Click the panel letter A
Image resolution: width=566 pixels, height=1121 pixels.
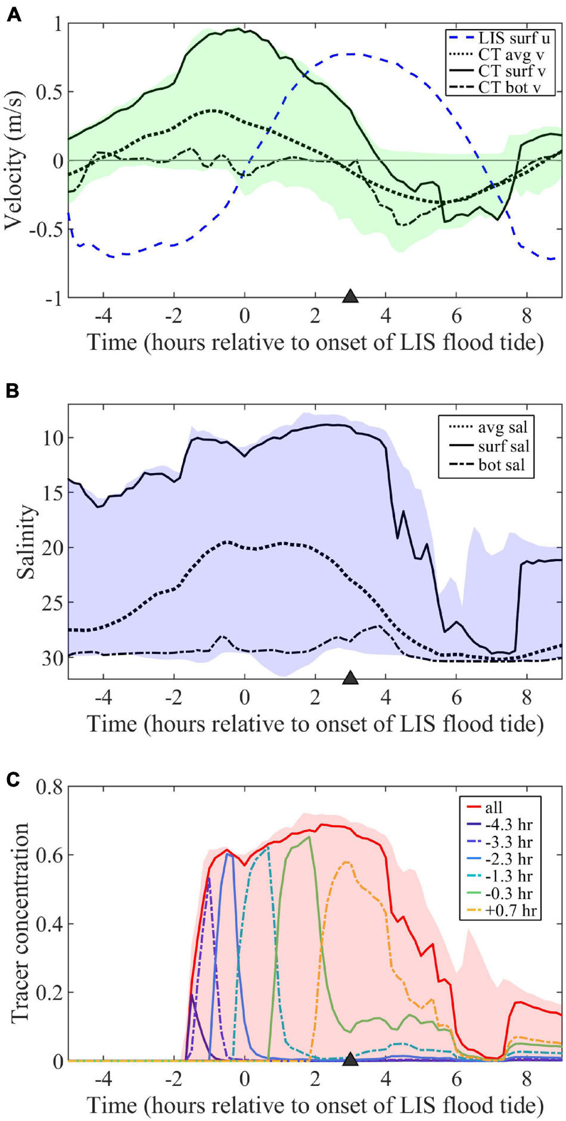click(x=13, y=15)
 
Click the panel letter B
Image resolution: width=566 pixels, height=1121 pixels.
click(x=13, y=391)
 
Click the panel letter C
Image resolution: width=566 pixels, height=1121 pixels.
click(x=13, y=778)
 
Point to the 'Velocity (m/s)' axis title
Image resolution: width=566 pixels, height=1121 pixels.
click(x=16, y=161)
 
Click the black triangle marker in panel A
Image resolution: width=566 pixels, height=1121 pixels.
click(x=350, y=296)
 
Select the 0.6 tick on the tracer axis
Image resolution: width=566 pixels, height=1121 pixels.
click(x=49, y=856)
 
